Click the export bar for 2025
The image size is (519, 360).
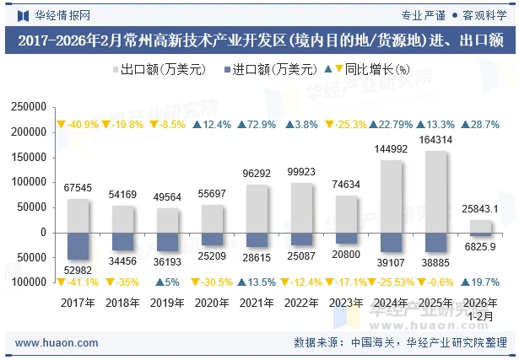coord(435,191)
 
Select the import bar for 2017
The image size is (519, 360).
coord(78,245)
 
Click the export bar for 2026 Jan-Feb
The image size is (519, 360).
coord(480,226)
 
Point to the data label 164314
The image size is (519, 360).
coord(435,140)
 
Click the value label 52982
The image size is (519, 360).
coord(78,269)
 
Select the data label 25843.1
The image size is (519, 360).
coord(480,208)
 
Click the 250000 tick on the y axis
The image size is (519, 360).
coord(29,107)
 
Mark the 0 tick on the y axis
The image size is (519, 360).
coord(42,232)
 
